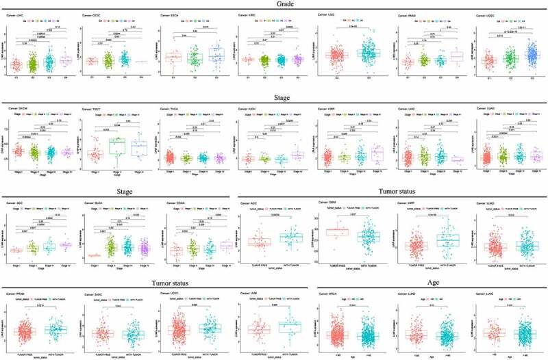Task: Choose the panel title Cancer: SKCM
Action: tap(17, 108)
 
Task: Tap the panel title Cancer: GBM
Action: tap(324, 203)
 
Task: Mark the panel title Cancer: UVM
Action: tap(249, 294)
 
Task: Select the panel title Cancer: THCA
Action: tap(172, 108)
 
